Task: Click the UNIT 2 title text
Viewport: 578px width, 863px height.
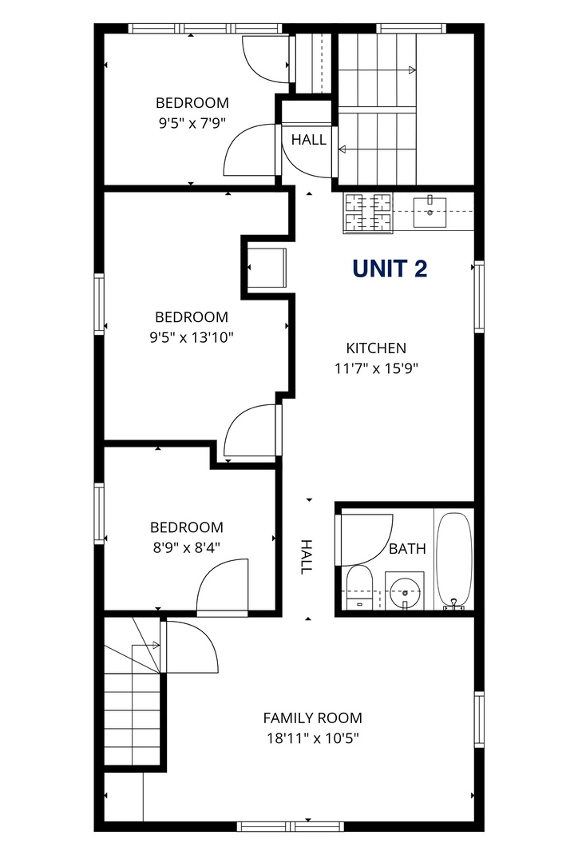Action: [390, 268]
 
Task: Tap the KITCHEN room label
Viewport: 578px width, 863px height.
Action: [376, 348]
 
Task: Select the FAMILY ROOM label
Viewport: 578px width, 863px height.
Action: [312, 718]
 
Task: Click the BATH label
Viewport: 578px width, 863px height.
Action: [407, 549]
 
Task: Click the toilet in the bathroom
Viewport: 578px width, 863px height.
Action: [360, 587]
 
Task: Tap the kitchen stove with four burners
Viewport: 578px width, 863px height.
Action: [368, 213]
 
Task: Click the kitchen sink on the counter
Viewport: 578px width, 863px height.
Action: [430, 211]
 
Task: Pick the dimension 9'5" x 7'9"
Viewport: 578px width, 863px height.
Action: [192, 123]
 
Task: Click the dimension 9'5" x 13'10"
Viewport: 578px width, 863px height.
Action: [192, 337]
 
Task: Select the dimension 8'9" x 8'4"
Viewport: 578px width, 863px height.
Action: [187, 547]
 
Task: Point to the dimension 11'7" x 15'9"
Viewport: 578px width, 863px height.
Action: [377, 368]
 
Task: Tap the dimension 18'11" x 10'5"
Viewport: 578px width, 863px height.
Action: [313, 738]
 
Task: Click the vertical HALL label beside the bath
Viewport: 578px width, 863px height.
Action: [306, 557]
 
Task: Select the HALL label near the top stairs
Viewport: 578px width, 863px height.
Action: [308, 140]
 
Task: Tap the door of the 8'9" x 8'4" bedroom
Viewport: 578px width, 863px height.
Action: [222, 586]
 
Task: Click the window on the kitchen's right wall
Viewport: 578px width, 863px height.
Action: [479, 296]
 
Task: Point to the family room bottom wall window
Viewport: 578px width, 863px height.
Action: [291, 826]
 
